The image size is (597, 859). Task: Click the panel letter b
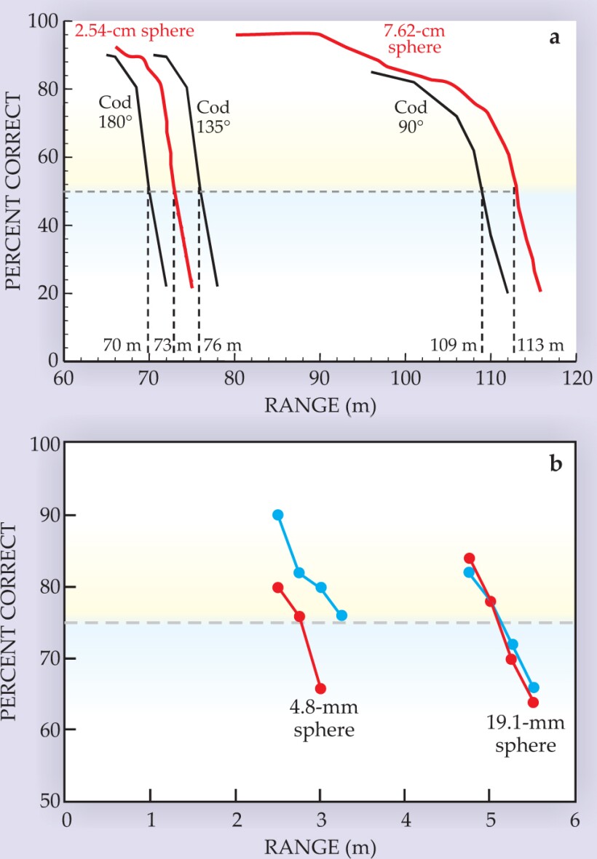point(555,463)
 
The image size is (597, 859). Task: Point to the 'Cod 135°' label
point(214,115)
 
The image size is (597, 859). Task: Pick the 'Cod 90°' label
point(411,116)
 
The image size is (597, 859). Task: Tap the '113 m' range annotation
point(540,345)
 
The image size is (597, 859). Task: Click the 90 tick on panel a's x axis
point(320,378)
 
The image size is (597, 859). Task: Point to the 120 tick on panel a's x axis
point(575,378)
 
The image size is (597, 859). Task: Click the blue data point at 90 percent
point(277,515)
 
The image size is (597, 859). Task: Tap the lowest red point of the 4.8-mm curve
point(320,688)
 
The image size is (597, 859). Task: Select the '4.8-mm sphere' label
point(324,718)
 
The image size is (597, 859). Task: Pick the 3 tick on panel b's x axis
point(320,819)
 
